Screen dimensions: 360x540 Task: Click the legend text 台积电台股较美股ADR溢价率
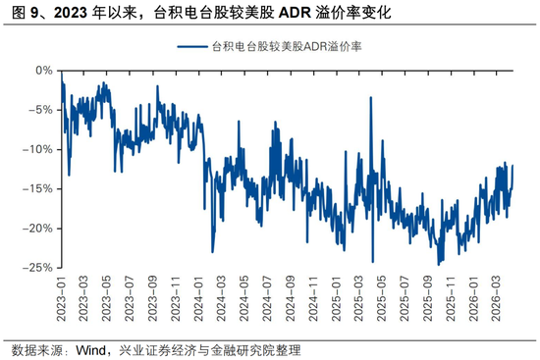tap(296, 47)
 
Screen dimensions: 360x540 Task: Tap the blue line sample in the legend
tap(192, 47)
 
